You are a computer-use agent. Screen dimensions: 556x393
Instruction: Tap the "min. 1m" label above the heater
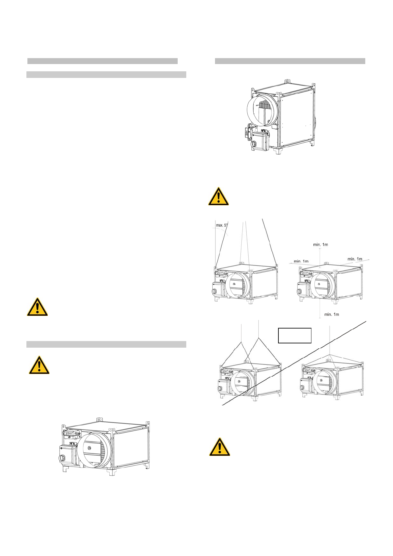(x=320, y=245)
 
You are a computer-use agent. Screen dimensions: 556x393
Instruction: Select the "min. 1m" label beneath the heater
(x=331, y=314)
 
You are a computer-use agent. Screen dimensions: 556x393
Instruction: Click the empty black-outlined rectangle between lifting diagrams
(x=295, y=335)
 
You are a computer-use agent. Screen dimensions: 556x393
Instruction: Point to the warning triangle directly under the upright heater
(x=218, y=197)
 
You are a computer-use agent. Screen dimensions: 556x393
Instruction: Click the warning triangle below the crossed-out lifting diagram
(x=220, y=447)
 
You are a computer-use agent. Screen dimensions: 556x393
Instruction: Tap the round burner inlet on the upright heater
(x=254, y=145)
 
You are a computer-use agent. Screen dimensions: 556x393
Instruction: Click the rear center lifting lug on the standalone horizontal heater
(x=98, y=419)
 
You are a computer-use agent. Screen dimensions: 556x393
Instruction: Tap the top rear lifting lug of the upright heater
(x=287, y=81)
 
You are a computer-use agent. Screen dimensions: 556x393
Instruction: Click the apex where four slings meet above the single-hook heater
(x=330, y=354)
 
